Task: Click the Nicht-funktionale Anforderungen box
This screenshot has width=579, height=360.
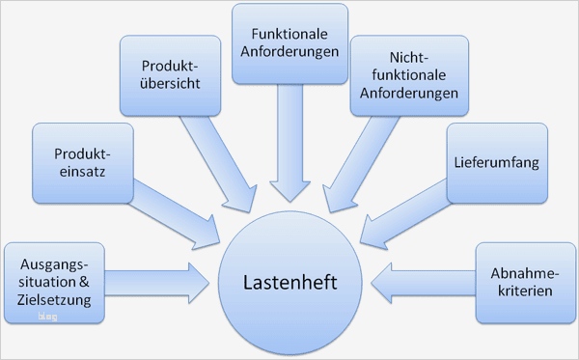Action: (x=409, y=76)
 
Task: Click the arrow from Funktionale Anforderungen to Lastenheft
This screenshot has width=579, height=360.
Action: (x=289, y=145)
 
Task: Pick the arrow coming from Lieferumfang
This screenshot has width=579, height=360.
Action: (x=400, y=217)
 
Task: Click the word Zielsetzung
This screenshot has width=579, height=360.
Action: (x=54, y=299)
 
